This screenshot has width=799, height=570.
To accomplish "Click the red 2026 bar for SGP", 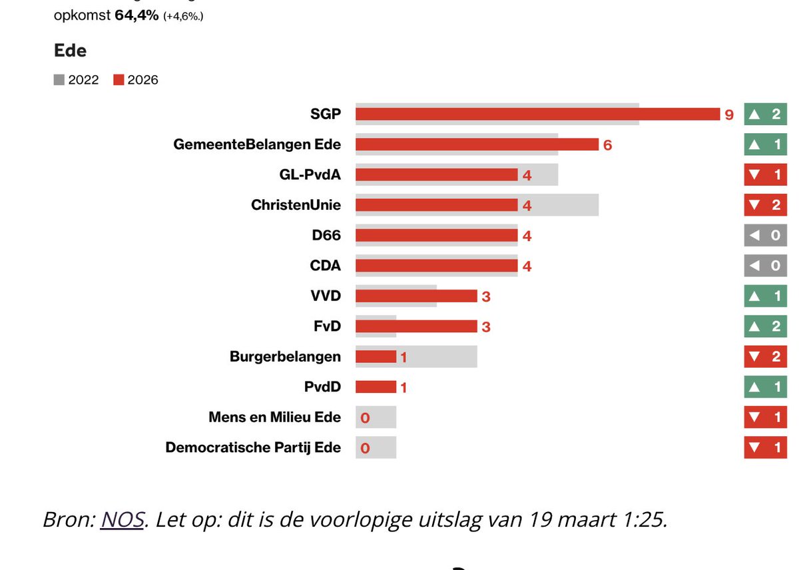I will (537, 115).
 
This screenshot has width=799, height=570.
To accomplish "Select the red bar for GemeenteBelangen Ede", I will (477, 144).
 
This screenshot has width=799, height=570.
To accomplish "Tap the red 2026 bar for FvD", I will (416, 326).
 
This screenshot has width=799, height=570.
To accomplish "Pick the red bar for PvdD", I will (376, 387).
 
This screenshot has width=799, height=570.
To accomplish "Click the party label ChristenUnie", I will (296, 205).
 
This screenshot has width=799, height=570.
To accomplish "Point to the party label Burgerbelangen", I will (285, 356).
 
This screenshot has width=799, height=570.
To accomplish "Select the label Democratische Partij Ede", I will (253, 447).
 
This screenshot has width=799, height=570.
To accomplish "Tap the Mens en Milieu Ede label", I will (274, 418).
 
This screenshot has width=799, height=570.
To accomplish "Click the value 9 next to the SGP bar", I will (729, 115).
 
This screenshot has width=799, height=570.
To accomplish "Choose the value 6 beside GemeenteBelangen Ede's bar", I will (607, 145).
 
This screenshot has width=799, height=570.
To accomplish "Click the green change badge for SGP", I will (765, 114).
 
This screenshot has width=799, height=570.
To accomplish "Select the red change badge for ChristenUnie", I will (765, 204).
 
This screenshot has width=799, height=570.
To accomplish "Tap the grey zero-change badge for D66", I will (765, 235).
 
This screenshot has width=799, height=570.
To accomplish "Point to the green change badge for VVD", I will (765, 296).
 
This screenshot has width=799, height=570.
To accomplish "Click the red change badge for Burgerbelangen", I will (765, 356).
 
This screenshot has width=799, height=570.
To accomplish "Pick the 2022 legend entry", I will (77, 80).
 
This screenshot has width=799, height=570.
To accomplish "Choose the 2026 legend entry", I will (136, 80).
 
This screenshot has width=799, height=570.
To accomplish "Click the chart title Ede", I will (70, 51).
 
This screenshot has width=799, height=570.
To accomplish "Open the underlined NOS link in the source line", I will (123, 519).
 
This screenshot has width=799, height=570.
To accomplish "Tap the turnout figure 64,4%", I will (136, 15).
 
